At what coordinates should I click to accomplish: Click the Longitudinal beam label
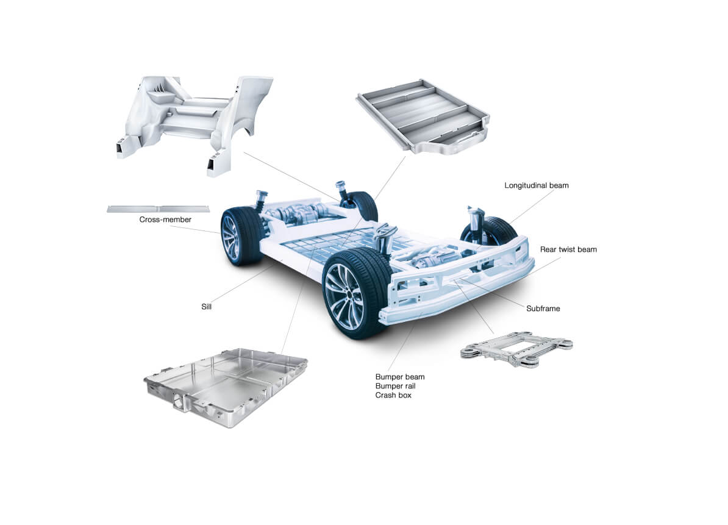(x=537, y=185)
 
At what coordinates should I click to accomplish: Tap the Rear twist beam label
(x=568, y=249)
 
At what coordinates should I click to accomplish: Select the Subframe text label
(x=543, y=308)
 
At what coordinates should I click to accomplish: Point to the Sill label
(x=206, y=306)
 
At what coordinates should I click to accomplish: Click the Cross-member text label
(x=165, y=220)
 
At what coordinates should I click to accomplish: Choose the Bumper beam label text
(x=400, y=377)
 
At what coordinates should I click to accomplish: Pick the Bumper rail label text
(x=395, y=386)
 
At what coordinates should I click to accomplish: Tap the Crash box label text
(x=393, y=395)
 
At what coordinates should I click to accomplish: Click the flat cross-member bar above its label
(x=158, y=209)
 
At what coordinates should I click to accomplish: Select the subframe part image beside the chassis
(x=516, y=349)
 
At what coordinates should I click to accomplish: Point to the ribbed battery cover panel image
(x=423, y=116)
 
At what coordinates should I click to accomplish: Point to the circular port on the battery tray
(x=179, y=399)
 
